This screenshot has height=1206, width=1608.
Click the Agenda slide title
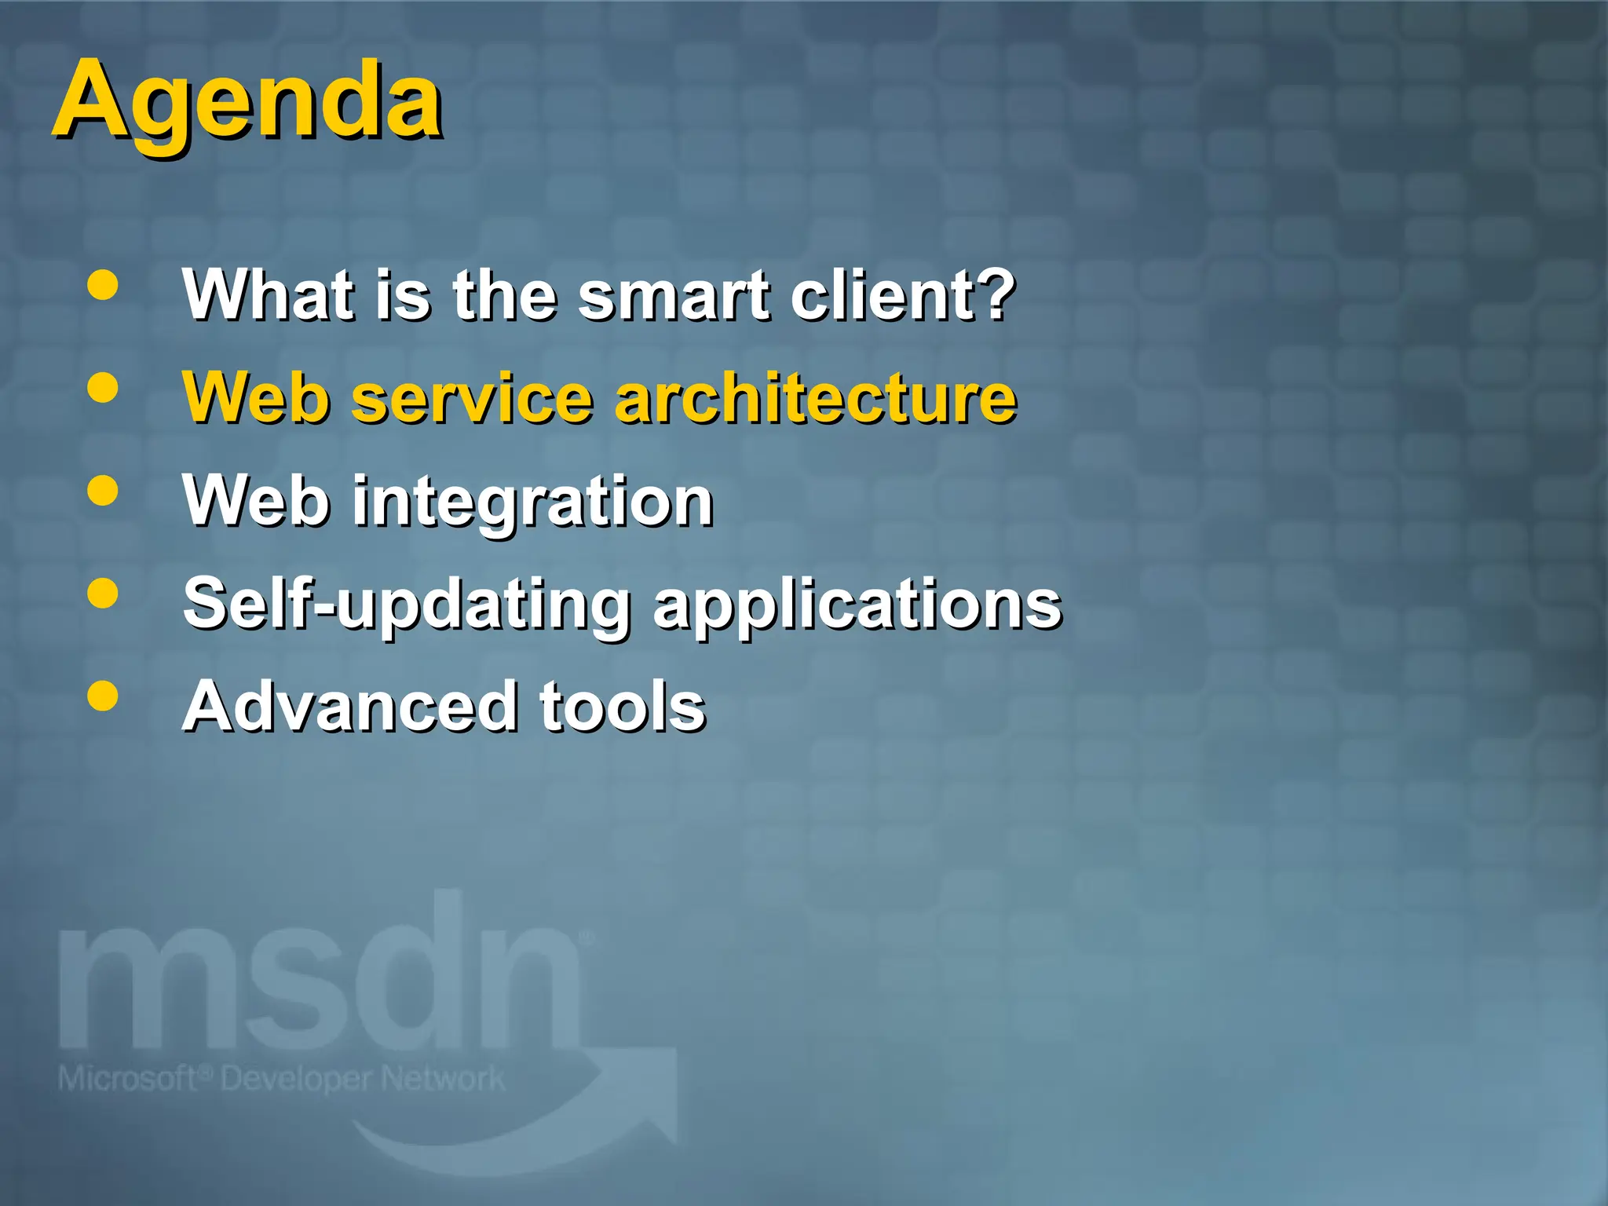pos(247,102)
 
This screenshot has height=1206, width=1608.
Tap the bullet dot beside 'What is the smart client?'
pos(103,286)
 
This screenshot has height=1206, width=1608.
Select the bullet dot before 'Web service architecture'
pos(103,388)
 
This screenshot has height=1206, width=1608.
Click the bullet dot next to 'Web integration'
pos(103,492)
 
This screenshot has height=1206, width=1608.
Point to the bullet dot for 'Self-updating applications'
pos(103,594)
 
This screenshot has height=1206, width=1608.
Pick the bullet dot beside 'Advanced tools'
pos(103,696)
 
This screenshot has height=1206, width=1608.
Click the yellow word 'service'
pos(471,398)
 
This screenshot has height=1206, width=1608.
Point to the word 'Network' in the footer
pos(444,1079)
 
